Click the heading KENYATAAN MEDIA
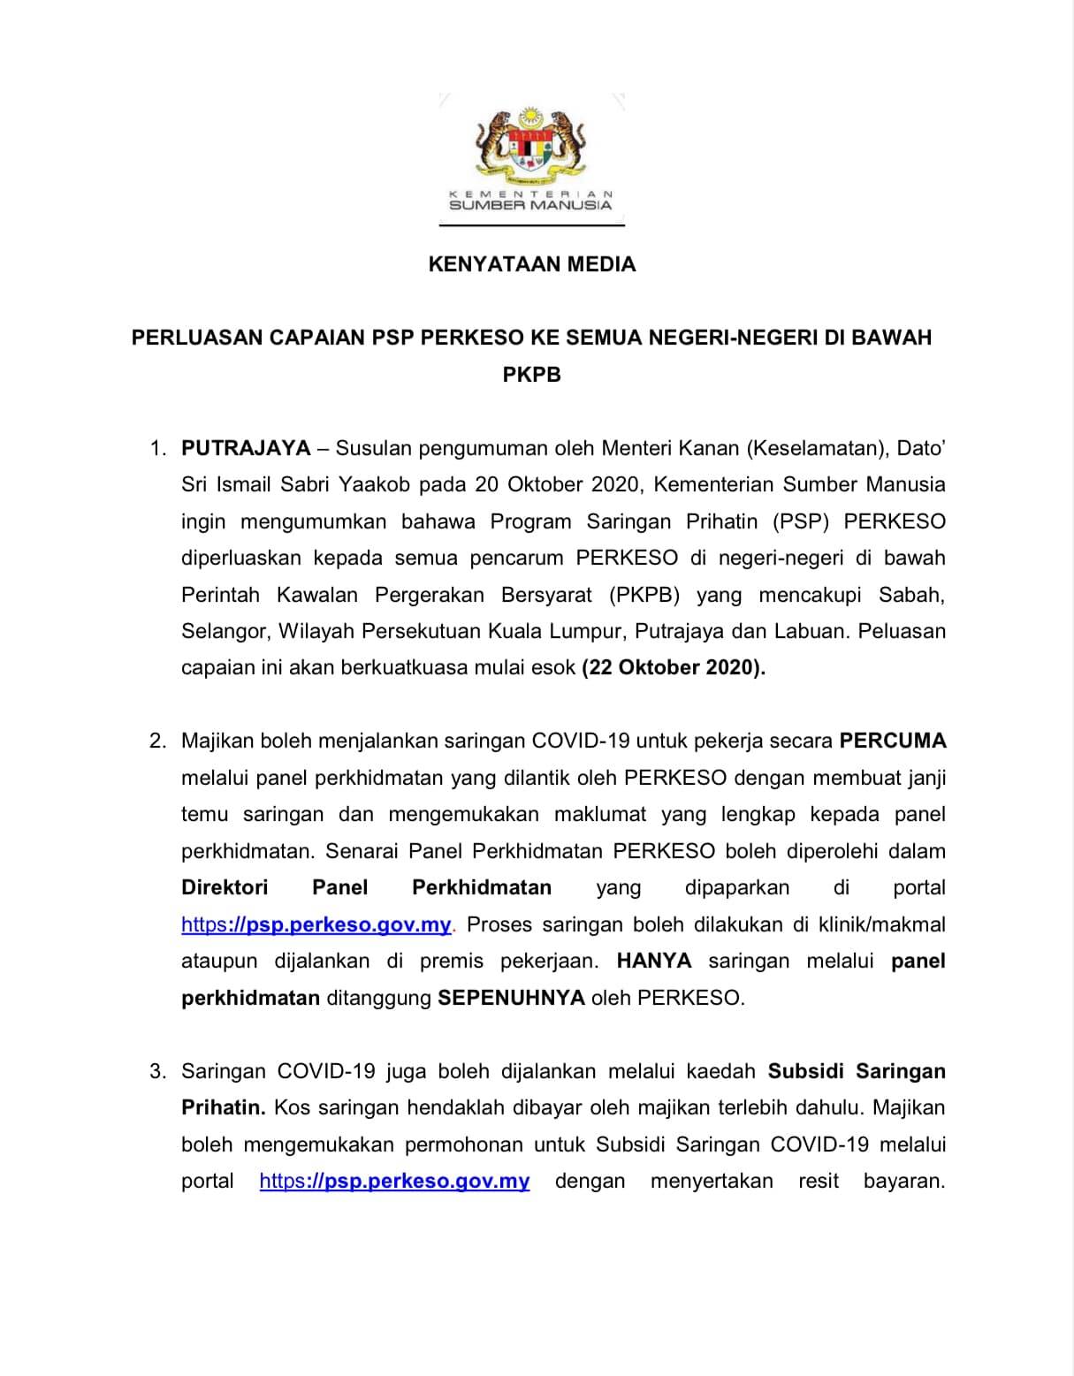point(531,264)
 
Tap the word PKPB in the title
point(531,374)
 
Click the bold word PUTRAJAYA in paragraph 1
point(246,448)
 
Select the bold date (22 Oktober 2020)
point(674,667)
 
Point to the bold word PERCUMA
point(892,741)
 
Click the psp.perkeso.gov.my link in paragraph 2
point(316,924)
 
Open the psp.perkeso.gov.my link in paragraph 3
point(394,1181)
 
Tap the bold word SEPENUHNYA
point(512,998)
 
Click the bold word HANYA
point(654,961)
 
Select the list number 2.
point(157,741)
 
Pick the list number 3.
point(157,1071)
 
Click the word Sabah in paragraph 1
point(911,594)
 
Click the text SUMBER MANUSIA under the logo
point(530,205)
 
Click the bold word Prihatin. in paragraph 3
point(223,1107)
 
